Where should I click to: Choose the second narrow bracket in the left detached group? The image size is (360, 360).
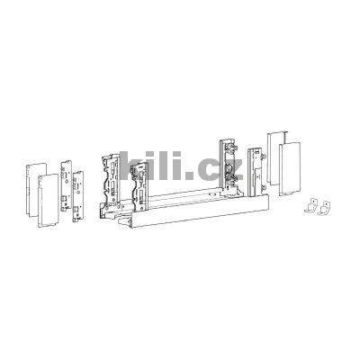(x=81, y=195)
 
